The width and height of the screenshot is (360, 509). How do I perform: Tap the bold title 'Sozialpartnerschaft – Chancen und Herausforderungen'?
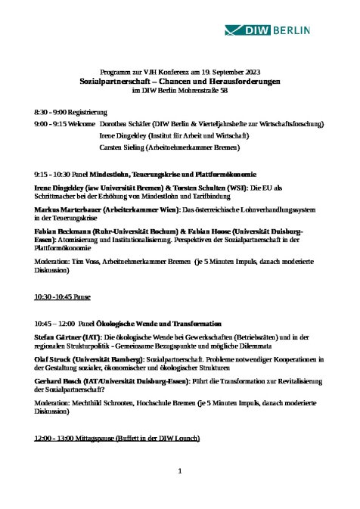click(x=180, y=79)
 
